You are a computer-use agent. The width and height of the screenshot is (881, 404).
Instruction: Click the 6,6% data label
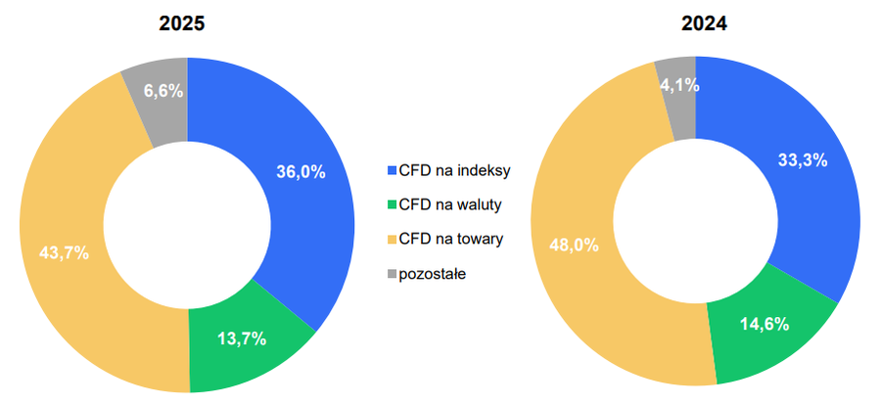click(x=163, y=91)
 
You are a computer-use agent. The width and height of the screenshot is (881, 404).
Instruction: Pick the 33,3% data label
click(x=803, y=159)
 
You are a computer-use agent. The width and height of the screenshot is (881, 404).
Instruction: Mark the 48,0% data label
click(x=573, y=246)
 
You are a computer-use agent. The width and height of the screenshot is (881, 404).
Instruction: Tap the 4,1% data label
click(x=678, y=85)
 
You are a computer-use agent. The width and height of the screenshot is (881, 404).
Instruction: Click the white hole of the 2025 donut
click(x=187, y=224)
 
